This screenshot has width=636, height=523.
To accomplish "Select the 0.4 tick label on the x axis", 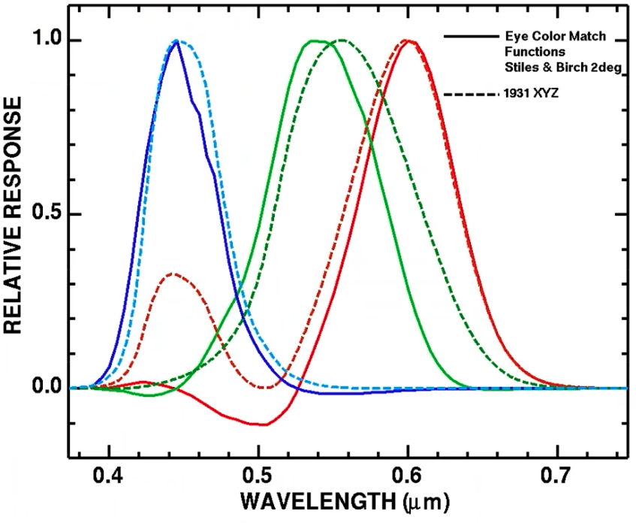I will [x=109, y=476].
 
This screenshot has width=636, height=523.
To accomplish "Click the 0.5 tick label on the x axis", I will [x=258, y=476].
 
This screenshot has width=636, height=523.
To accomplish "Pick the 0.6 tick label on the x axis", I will [x=408, y=476].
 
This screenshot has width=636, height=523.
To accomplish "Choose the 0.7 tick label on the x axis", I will [x=557, y=476].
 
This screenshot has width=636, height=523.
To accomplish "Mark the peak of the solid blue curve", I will [x=177, y=41].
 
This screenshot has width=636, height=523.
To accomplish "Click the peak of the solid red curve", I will [x=408, y=41].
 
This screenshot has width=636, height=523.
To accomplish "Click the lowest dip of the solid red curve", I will [x=262, y=425].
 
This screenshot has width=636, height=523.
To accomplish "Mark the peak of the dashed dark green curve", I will [x=342, y=40].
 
